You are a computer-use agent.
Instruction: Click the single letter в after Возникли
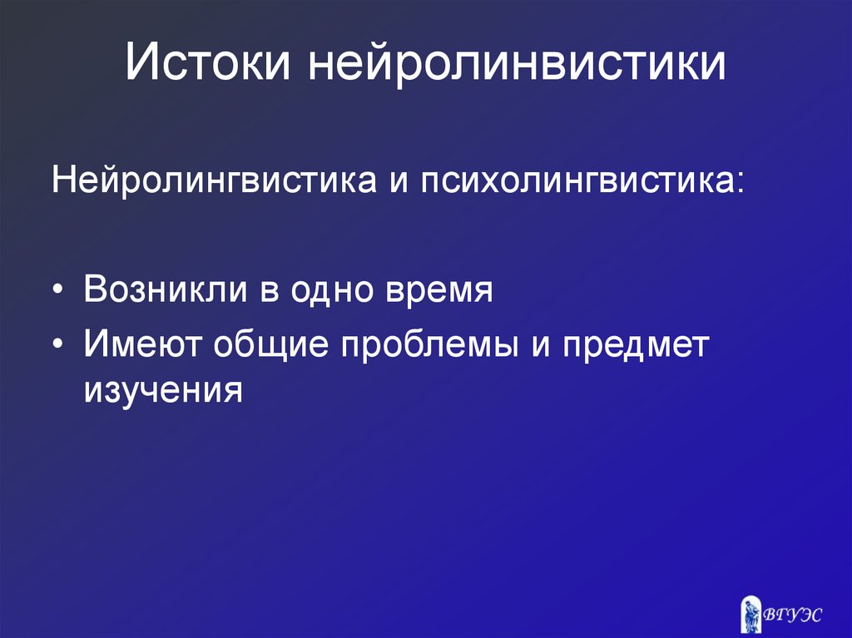tap(270, 292)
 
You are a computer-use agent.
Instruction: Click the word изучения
tap(163, 388)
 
